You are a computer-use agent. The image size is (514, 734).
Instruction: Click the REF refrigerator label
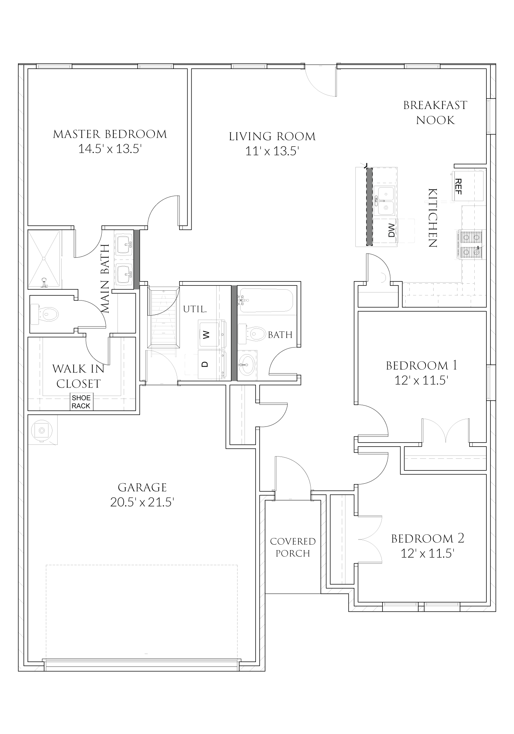(x=458, y=186)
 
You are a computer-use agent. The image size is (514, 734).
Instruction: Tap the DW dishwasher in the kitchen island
(x=391, y=230)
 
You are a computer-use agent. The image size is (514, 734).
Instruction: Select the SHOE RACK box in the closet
(x=81, y=402)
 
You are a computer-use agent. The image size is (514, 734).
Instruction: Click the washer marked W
(x=206, y=334)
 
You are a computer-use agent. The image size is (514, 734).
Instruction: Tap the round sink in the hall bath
(x=246, y=364)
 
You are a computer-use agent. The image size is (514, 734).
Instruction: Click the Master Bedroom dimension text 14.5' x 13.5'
(x=110, y=149)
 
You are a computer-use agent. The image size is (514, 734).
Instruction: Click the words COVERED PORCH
(x=293, y=547)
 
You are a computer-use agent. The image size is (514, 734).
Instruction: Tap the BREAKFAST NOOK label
(x=435, y=113)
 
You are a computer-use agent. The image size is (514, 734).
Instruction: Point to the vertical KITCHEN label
(x=433, y=218)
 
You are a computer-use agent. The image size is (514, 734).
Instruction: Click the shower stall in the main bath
(x=44, y=258)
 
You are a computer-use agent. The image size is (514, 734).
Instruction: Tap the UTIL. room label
(x=195, y=309)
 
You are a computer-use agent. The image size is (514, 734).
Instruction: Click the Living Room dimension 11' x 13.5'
(x=272, y=151)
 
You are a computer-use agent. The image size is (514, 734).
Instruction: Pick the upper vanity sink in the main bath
(x=124, y=243)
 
